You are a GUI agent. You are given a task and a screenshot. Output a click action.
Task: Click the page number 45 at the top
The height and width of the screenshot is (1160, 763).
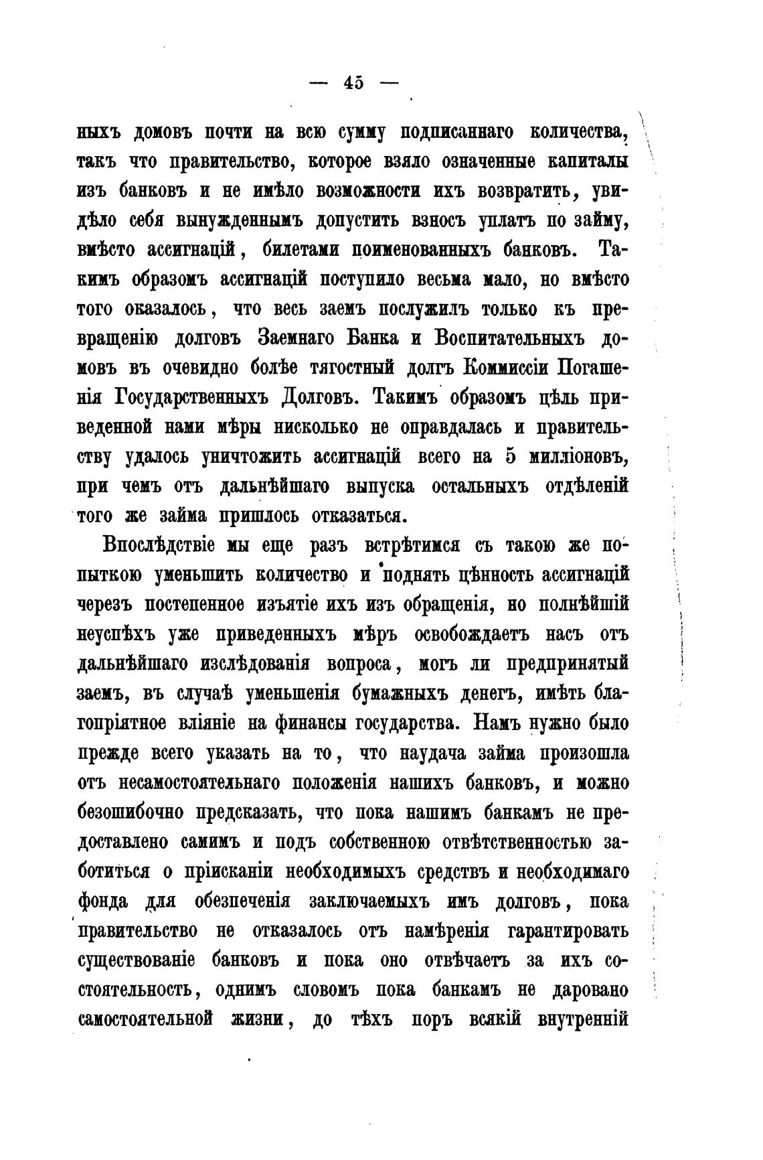point(353,83)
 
